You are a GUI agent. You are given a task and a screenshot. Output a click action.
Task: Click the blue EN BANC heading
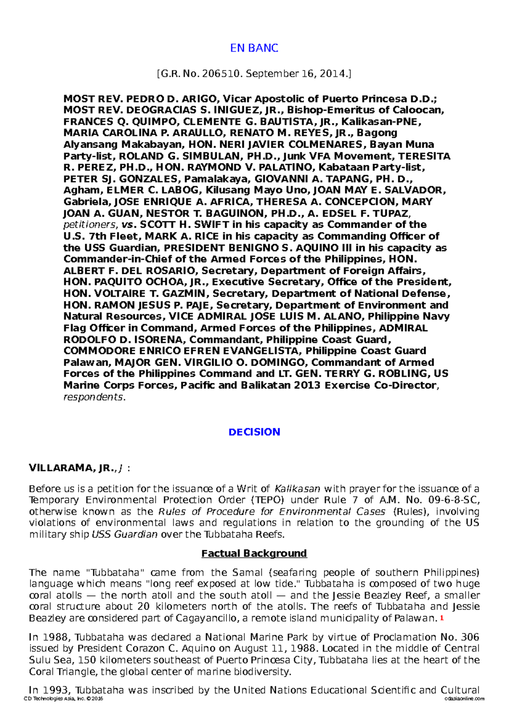pyautogui.click(x=254, y=48)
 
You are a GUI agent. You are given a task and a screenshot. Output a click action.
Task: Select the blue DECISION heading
pyautogui.click(x=254, y=432)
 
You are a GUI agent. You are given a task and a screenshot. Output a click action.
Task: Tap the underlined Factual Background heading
pyautogui.click(x=254, y=553)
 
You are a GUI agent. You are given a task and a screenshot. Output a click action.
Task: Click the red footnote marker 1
pyautogui.click(x=442, y=618)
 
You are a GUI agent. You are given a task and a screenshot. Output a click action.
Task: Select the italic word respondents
pyautogui.click(x=93, y=397)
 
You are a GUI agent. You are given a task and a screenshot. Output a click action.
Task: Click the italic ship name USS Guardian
pyautogui.click(x=125, y=535)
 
